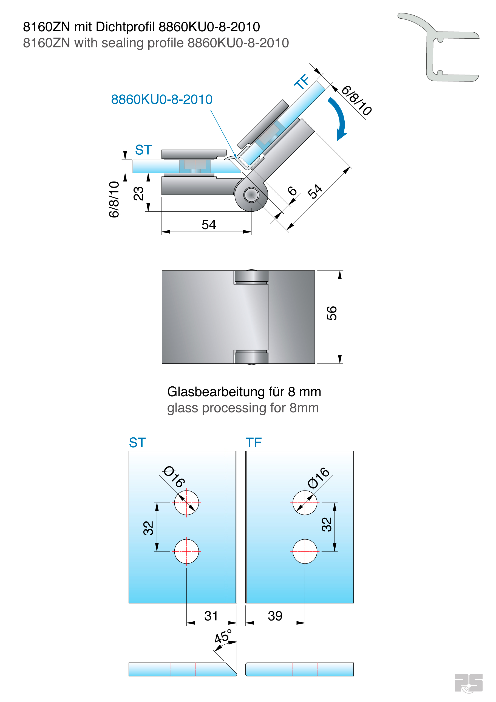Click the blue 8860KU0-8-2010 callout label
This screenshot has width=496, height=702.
coord(161,99)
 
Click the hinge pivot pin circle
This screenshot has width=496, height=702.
coord(251,195)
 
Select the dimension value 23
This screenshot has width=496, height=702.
coord(138,193)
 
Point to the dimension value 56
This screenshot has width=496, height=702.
coord(332,313)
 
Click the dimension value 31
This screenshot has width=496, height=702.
coord(211,616)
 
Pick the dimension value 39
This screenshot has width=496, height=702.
coord(275,616)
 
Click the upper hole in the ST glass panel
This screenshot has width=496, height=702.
coord(186,503)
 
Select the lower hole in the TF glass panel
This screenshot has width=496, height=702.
coord(305,551)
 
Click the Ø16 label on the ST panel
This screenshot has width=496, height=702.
coord(174,477)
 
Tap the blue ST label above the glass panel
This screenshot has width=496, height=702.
coord(137,442)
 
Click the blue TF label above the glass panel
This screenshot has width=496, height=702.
coord(254,442)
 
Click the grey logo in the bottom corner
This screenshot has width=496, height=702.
coord(469,683)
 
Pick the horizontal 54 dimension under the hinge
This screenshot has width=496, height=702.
coord(209,225)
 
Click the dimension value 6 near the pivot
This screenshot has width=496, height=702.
coord(292,191)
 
